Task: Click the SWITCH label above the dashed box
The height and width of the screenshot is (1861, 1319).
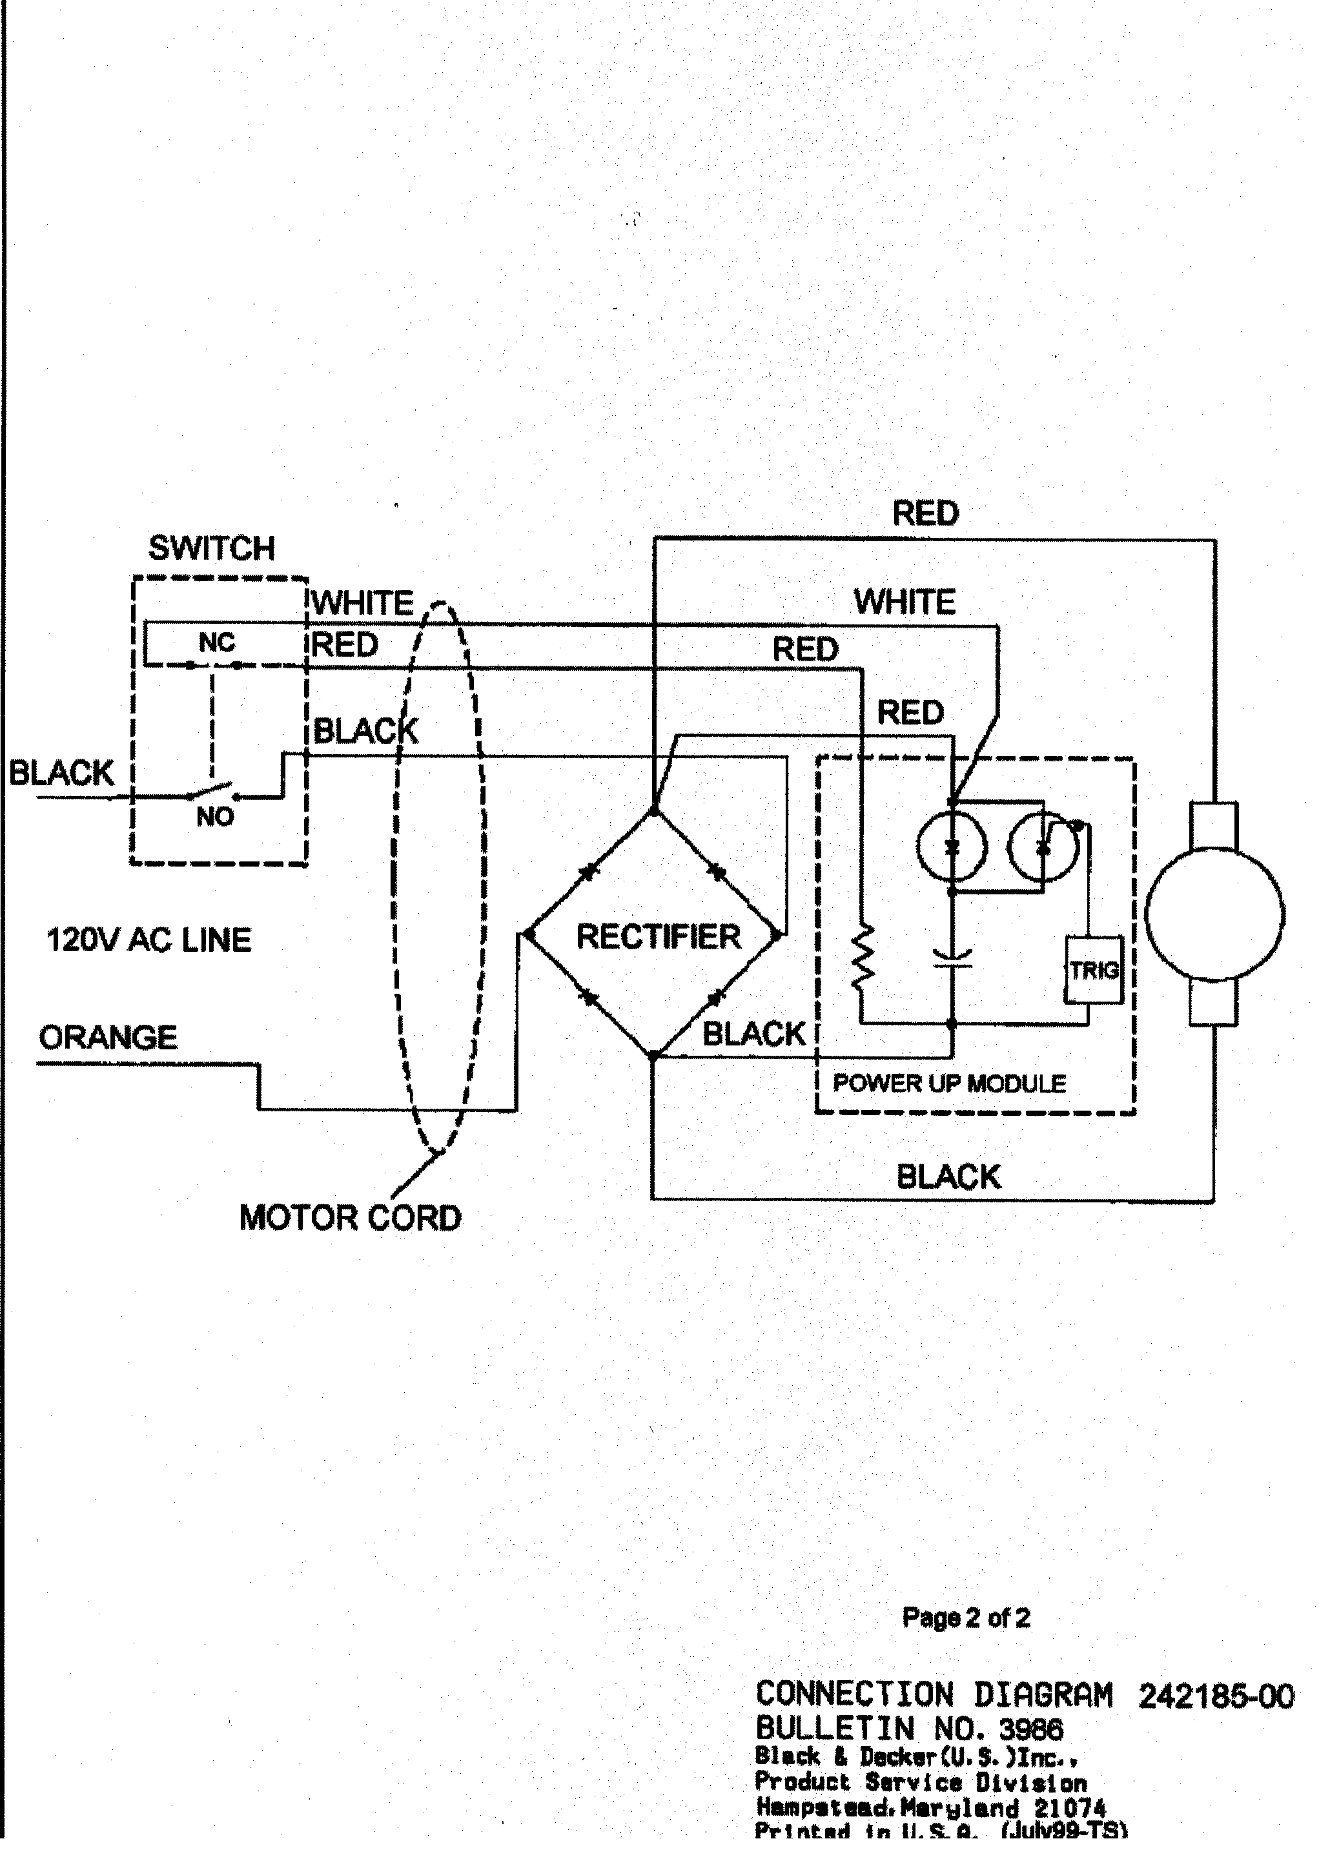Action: point(211,548)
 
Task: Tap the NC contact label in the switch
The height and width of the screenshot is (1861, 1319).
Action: point(216,643)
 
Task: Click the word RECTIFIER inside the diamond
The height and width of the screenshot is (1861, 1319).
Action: point(658,936)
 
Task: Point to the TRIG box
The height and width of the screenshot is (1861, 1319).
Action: point(1093,970)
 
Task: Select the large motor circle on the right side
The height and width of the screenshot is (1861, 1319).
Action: point(1214,914)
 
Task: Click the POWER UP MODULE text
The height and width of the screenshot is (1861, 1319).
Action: point(948,1084)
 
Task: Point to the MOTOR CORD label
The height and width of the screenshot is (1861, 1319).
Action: point(350,1218)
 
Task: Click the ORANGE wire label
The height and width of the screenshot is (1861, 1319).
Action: point(108,1037)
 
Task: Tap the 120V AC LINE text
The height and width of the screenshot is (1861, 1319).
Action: point(148,940)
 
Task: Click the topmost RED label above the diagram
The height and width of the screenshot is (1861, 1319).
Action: point(925,513)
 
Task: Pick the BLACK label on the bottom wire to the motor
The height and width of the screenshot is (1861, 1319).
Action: point(948,1177)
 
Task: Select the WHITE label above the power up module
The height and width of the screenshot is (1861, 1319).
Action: point(904,602)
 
